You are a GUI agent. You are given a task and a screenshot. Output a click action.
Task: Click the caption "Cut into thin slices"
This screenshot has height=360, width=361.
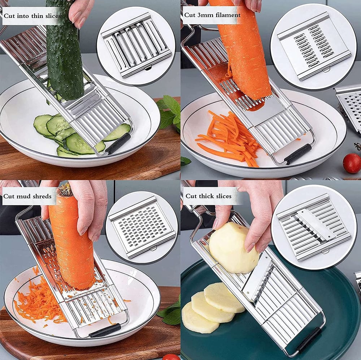(x=32, y=16)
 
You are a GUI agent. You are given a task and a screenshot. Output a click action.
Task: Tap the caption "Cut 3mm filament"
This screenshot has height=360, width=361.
(x=212, y=15)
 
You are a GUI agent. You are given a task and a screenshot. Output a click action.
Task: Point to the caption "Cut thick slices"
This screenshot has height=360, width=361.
(x=208, y=196)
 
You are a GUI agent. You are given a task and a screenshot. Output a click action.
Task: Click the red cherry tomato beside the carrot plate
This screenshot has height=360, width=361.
(x=351, y=163)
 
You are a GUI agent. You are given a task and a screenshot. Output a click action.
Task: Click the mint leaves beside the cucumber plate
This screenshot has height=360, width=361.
(x=170, y=112)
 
